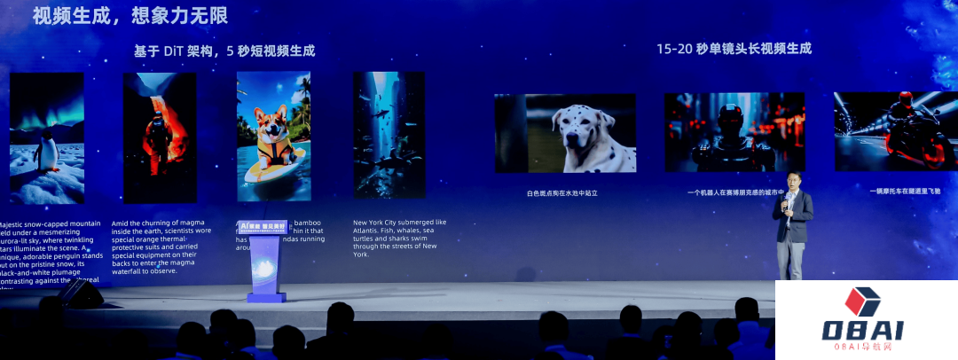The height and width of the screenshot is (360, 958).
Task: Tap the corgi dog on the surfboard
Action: pos(271,134)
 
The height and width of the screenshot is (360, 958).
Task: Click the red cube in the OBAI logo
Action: pos(861,301)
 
